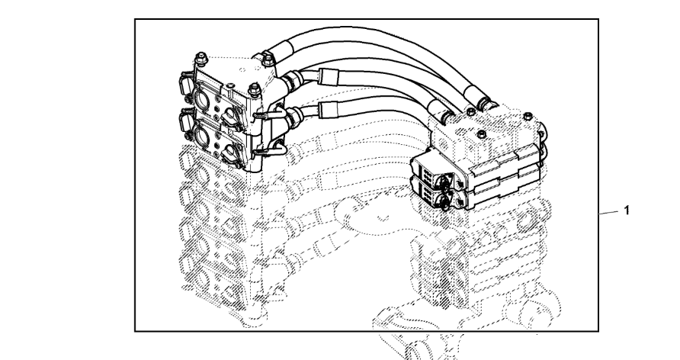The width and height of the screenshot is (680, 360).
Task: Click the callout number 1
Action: tap(627, 209)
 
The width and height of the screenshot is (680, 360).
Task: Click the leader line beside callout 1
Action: tap(609, 211)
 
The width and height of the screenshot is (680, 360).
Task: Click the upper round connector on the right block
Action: tap(444, 179)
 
